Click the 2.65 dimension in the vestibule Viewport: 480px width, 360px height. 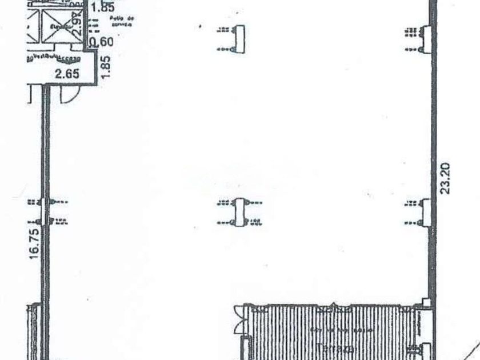67,73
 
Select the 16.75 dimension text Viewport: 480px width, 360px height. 34,245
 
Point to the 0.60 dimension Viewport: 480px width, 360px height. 102,41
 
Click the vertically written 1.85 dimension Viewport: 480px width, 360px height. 106,63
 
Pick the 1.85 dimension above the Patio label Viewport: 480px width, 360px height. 102,8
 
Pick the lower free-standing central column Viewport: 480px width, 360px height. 239,211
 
